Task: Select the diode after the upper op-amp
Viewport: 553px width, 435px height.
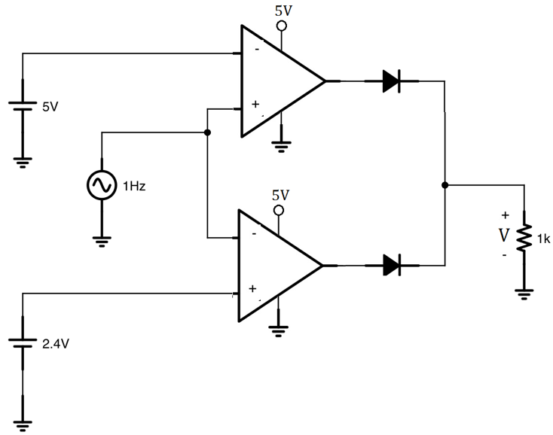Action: click(x=390, y=81)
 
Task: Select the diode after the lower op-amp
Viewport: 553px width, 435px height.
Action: click(x=390, y=265)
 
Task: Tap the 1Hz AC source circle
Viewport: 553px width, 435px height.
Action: click(x=102, y=184)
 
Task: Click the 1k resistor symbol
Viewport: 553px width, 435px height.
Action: click(x=522, y=239)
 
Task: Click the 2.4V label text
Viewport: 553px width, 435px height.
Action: click(x=57, y=345)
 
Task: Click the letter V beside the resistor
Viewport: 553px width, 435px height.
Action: click(x=504, y=236)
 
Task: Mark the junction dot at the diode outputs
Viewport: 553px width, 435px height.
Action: click(x=445, y=184)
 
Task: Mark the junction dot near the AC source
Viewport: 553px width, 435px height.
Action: click(x=207, y=133)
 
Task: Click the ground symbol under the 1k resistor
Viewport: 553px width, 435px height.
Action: click(x=522, y=294)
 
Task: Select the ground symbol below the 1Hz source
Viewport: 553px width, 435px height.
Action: click(x=102, y=240)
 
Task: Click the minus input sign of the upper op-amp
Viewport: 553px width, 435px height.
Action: click(x=258, y=50)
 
